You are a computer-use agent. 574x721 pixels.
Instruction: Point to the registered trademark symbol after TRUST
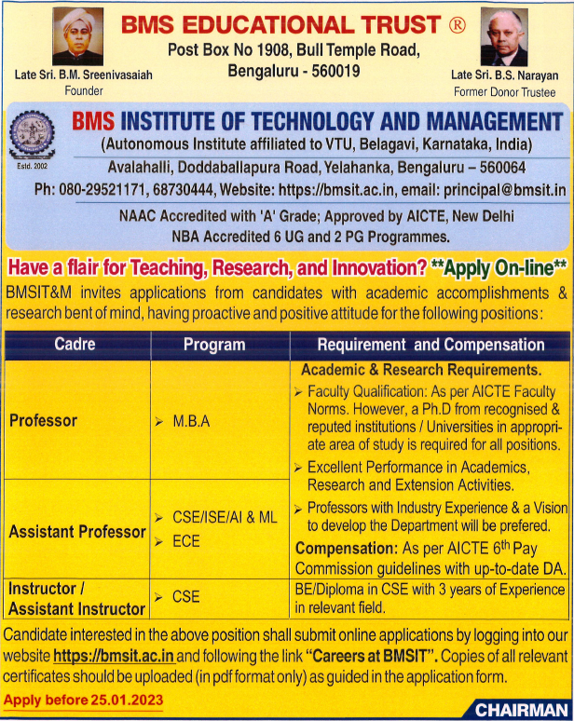(458, 25)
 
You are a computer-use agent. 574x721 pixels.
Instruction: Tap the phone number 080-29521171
(104, 189)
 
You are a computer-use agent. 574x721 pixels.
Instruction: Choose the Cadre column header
(75, 345)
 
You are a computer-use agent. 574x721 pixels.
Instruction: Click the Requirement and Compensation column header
(430, 345)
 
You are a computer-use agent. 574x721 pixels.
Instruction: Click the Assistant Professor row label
(77, 532)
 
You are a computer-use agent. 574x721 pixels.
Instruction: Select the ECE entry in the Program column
(186, 540)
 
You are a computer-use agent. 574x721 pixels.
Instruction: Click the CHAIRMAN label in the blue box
(518, 710)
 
